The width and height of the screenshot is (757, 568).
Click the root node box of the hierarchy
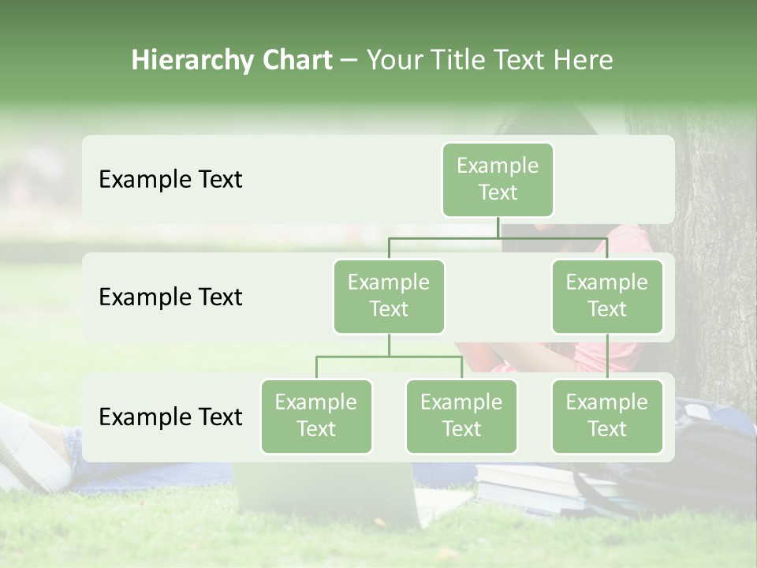[x=498, y=179]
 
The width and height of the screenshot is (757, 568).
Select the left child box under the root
[x=389, y=296]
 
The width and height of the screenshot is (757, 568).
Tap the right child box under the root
[x=606, y=296]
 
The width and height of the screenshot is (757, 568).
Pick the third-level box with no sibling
[x=606, y=416]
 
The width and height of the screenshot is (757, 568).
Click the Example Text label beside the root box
[x=170, y=179]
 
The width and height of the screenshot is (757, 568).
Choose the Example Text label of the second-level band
[x=170, y=297]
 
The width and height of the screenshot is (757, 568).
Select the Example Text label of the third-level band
[x=170, y=417]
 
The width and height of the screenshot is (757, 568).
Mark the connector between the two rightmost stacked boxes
[x=607, y=357]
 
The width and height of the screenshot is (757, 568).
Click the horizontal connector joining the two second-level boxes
[x=498, y=237]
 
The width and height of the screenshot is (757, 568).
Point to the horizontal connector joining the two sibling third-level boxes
[x=389, y=357]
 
